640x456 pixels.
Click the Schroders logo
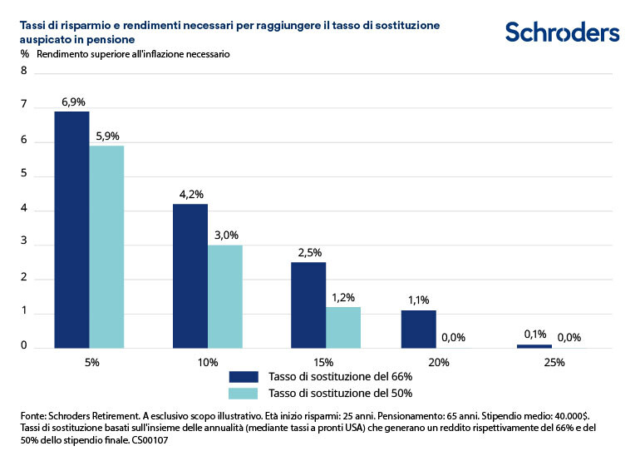pyautogui.click(x=562, y=32)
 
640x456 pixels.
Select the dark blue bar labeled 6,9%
pyautogui.click(x=71, y=229)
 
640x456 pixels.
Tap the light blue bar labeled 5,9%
pyautogui.click(x=106, y=246)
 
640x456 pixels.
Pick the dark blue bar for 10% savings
pyautogui.click(x=190, y=275)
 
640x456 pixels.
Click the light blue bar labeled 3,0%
pyautogui.click(x=224, y=296)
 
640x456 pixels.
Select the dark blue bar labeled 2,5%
pyautogui.click(x=308, y=305)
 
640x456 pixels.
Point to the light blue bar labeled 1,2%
pyautogui.click(x=342, y=327)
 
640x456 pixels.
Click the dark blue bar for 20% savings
pyautogui.click(x=418, y=329)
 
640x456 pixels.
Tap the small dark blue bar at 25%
pyautogui.click(x=534, y=345)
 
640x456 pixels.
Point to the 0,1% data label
pyautogui.click(x=534, y=334)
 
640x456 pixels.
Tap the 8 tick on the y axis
pyautogui.click(x=24, y=72)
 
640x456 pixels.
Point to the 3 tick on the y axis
pyautogui.click(x=24, y=244)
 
